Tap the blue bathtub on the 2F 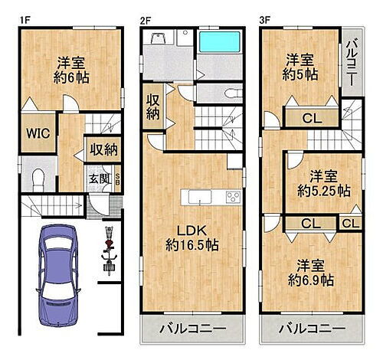(x=220, y=41)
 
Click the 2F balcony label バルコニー (x=192, y=330)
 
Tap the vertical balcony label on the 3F (x=351, y=64)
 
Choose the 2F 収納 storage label (x=153, y=108)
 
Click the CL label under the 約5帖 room (x=311, y=118)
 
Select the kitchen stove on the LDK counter (x=232, y=197)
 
